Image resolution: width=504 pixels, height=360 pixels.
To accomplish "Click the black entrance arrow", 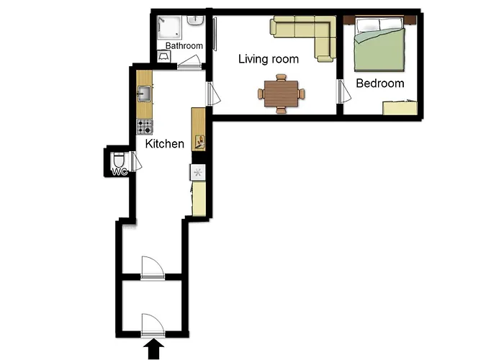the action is pos(153,350).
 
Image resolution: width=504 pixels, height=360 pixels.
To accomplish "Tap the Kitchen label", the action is pos(165,144).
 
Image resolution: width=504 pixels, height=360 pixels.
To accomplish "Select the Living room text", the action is pos(269,59).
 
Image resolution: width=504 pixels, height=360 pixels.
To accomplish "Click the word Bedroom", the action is pos(380,84).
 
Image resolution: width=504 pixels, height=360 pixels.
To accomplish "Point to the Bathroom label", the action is pos(184,45).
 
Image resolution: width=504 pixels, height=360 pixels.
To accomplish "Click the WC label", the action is pos(120,172).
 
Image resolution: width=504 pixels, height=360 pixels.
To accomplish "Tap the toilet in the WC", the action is pos(119,160).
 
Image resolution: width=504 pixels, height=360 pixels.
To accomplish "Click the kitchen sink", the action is pos(144,94).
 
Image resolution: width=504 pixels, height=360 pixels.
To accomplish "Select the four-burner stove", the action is pos(144,127).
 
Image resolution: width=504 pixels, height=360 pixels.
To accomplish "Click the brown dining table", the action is pos(282,93).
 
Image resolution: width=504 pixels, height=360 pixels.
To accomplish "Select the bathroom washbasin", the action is pos(195,21).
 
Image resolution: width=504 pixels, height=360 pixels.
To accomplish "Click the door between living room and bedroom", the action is pos(343,91).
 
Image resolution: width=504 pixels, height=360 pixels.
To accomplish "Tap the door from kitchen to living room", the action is pos(212,94).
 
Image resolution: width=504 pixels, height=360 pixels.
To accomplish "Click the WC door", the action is pos(135,161).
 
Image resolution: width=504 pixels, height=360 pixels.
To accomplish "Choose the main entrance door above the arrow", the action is pos(153,325).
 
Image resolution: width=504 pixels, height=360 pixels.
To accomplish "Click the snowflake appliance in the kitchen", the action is pos(197,173).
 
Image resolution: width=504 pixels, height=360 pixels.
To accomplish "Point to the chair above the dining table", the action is pos(281,78).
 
